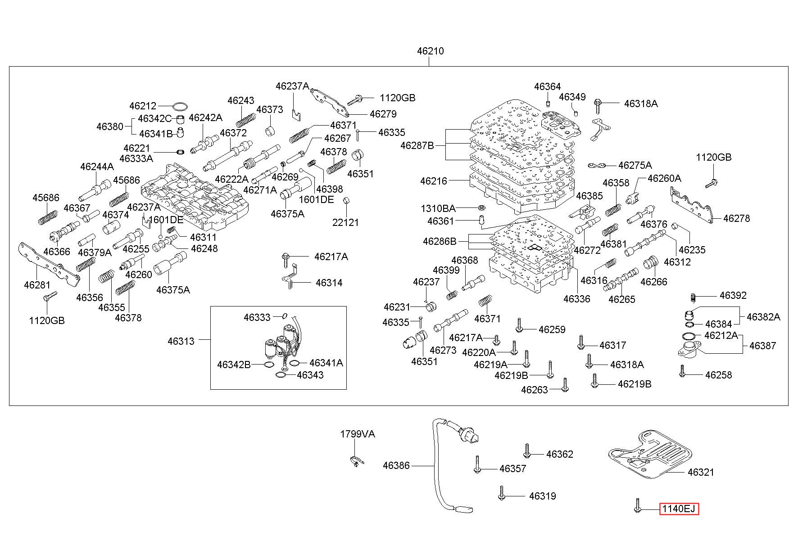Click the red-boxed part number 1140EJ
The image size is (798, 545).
679,509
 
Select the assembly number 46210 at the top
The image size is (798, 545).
430,51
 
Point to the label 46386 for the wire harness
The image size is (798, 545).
396,465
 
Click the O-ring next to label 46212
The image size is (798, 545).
181,106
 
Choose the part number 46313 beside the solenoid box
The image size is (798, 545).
181,341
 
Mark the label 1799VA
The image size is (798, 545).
358,434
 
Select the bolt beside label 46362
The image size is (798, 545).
526,450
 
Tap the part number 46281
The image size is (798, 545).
37,285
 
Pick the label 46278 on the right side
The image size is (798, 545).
737,218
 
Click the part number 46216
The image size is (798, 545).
434,181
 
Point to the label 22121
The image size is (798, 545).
346,222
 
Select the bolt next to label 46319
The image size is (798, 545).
502,493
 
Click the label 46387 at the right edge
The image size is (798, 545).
763,346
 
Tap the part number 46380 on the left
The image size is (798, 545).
110,126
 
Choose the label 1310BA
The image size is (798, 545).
438,209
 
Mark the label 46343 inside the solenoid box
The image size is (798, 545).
310,375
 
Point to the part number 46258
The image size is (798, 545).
719,375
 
